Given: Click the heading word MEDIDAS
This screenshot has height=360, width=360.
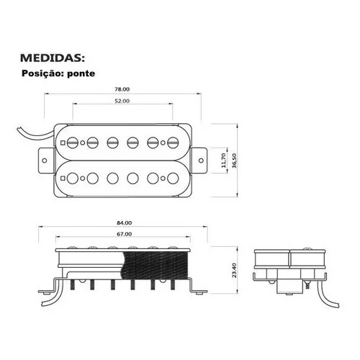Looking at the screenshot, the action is [53, 58].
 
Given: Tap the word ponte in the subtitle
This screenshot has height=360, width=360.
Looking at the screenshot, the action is [81, 73].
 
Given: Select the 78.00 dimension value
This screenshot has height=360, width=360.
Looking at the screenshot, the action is [122, 89].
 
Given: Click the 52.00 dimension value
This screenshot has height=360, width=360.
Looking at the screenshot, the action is [122, 101].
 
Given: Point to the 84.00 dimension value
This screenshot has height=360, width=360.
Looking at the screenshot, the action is [124, 223].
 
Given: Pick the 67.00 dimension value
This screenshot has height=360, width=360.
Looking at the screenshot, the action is [124, 234].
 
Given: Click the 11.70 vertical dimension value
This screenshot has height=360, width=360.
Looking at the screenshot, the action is [223, 161].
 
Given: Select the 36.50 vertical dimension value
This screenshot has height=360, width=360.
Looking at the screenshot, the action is [234, 161].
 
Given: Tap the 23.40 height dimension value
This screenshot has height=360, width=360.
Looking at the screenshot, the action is [234, 270].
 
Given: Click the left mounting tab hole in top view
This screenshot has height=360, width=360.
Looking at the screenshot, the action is [45, 161].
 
